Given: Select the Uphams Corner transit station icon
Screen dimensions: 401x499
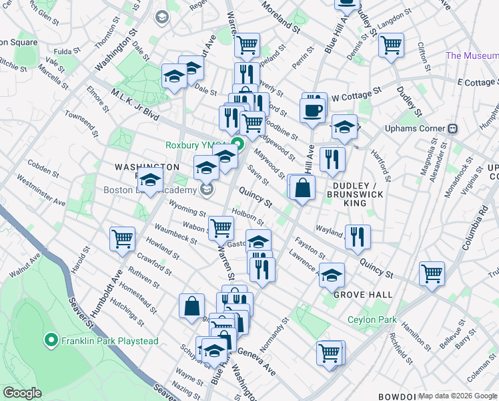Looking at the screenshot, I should (452, 128).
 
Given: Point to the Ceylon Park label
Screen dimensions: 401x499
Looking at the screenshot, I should (372, 319).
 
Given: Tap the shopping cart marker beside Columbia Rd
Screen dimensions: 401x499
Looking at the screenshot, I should (432, 272).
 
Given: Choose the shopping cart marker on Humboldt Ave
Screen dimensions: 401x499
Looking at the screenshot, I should (123, 238).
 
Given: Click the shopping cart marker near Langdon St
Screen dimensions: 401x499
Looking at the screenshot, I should (391, 45).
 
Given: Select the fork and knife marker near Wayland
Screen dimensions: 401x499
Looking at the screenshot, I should (358, 235).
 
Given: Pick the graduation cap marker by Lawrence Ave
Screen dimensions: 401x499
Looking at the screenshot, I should (332, 274).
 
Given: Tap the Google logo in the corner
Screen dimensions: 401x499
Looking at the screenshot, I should (22, 392).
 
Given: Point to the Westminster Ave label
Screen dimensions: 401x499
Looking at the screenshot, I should (41, 191).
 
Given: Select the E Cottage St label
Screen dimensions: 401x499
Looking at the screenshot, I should (478, 82).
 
